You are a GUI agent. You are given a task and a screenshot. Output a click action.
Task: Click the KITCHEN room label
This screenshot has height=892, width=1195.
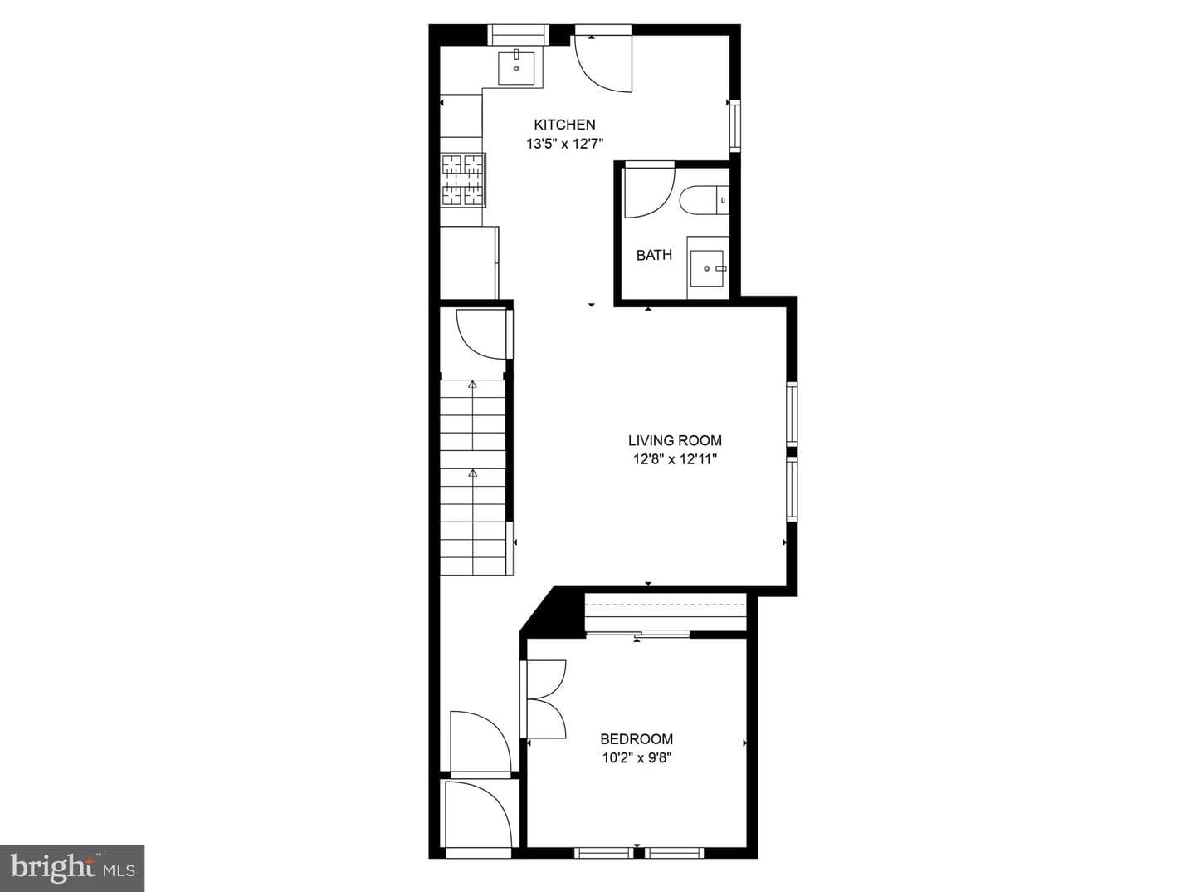[564, 125]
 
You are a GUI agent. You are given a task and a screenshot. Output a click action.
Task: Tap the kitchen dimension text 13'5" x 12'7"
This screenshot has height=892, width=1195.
[564, 145]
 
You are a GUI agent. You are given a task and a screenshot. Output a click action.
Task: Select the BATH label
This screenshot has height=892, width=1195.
[654, 255]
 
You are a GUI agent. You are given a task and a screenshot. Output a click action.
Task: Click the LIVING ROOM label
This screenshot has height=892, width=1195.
[675, 440]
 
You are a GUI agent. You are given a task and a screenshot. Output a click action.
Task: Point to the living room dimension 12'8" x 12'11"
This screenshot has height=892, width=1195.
[675, 460]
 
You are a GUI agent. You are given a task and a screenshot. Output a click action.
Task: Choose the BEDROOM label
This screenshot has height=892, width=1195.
[637, 739]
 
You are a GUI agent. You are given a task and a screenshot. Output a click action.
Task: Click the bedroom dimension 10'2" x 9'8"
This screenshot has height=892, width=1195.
[637, 758]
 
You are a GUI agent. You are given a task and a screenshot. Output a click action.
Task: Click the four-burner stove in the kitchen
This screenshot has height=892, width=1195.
[463, 180]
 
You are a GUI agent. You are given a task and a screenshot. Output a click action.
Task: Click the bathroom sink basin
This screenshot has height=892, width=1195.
[707, 268]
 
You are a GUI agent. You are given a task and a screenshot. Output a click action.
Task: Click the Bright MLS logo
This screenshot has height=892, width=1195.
[72, 868]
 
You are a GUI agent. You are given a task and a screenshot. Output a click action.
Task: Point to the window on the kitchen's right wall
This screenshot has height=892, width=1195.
[735, 126]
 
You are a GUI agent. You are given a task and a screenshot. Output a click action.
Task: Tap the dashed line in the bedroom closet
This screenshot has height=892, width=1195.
[664, 605]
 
